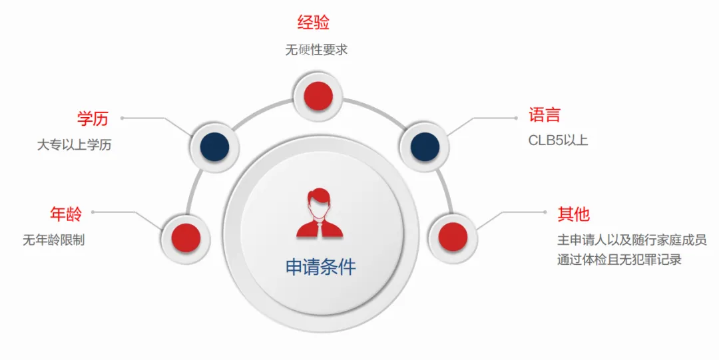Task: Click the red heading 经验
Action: pos(313,23)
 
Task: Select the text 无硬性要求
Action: pos(316,50)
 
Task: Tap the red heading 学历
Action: pos(93,119)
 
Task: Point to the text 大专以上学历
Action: pos(74,145)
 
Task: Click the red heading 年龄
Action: pos(66,214)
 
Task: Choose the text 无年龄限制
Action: pos(54,240)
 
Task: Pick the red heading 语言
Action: pos(545,115)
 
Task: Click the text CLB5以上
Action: pos(558,141)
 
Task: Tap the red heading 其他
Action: pos(573,214)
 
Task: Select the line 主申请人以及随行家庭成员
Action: pos(631,240)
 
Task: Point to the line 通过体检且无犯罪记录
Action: pos(619,260)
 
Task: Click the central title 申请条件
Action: pos(321,268)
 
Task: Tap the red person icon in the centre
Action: pos(320,213)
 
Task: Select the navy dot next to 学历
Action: pos(214,146)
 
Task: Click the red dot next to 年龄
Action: pos(186,238)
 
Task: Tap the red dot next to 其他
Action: pos(453,236)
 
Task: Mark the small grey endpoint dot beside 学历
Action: pos(122,119)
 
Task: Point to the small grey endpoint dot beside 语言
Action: pos(515,118)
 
